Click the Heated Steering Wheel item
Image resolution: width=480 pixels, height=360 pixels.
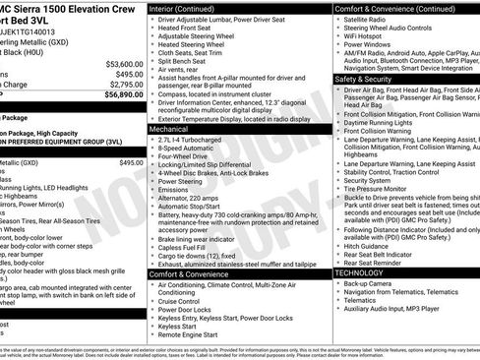(x=202, y=44)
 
